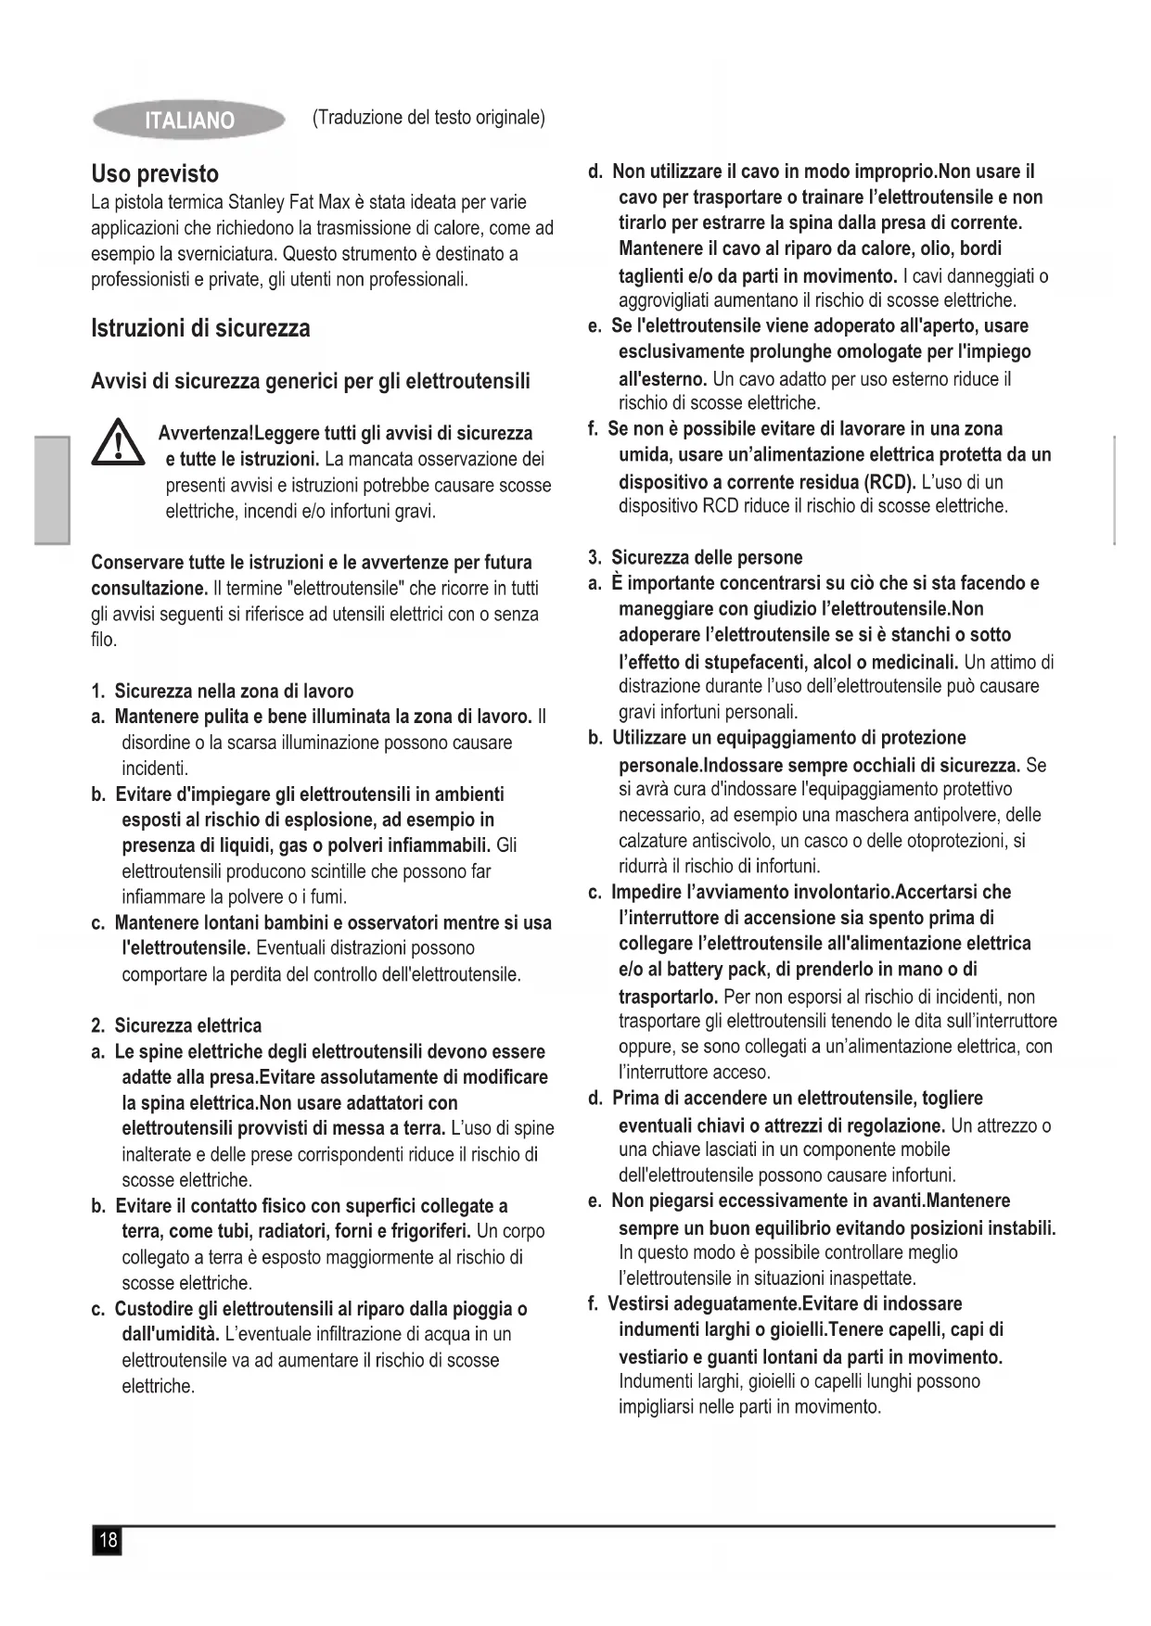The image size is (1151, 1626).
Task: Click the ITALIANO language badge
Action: tap(189, 121)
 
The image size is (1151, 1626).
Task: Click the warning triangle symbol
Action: tap(119, 442)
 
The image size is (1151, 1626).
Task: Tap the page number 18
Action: tap(108, 1540)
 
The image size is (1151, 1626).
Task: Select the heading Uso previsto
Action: tap(155, 174)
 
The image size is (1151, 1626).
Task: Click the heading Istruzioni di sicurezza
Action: tap(200, 328)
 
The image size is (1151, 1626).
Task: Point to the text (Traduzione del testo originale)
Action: tap(428, 118)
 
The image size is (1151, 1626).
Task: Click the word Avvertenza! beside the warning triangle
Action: tap(205, 433)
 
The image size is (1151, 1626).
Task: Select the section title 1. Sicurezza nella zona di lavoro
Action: tap(223, 691)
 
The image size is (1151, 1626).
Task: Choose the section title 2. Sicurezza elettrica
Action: tap(176, 1025)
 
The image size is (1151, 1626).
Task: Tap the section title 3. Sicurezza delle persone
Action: tap(696, 557)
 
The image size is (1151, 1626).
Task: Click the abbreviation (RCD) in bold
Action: tap(889, 482)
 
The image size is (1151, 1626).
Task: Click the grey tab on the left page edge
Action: tap(53, 489)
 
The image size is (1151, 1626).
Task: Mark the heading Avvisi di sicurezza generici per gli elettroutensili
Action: tap(311, 381)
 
